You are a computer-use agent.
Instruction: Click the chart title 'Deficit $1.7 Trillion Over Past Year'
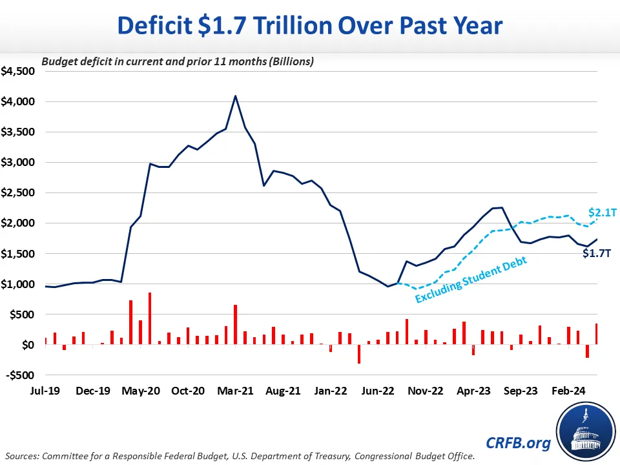309,25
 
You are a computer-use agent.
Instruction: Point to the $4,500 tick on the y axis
17,71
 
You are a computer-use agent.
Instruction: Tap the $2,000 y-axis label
17,223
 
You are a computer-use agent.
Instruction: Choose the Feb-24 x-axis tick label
570,391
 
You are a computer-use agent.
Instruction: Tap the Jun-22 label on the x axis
378,391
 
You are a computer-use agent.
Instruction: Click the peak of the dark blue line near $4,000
235,96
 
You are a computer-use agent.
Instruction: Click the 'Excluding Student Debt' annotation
471,280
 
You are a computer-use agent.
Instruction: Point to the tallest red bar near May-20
150,319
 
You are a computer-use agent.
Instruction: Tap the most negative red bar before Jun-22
359,354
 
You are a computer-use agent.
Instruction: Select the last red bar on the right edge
596,334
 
